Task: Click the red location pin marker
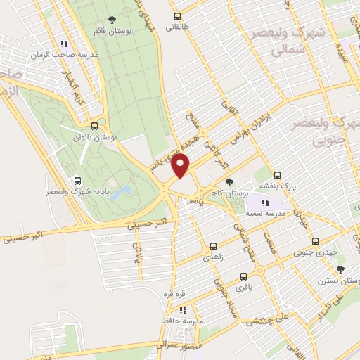181,165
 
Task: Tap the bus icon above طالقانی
176,16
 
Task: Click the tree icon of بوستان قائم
112,20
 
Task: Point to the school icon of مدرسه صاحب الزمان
65,43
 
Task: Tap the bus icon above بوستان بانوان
94,127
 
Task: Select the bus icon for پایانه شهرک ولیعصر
77,180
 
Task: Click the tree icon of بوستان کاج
229,182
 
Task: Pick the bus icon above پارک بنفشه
277,176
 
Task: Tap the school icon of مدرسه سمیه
265,202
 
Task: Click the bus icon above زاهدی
213,247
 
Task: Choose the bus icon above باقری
243,277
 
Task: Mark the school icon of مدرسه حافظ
183,309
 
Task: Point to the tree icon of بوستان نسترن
341,269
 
